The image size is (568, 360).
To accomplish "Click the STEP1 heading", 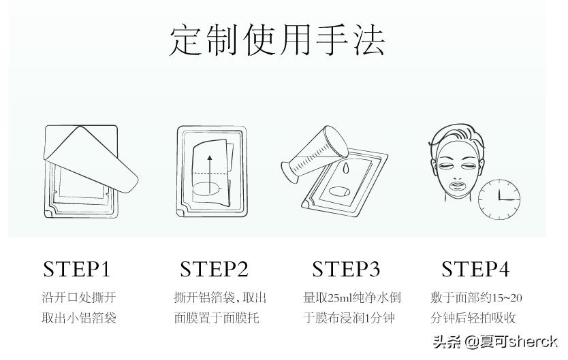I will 76,269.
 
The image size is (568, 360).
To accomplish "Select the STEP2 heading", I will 214,269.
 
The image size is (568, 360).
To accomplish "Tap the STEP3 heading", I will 346,269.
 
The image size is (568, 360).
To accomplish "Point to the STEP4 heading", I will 475,269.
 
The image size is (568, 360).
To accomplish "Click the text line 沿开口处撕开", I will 78,297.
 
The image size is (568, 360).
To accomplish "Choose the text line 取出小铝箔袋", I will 78,318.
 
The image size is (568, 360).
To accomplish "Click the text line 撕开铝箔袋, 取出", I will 219,297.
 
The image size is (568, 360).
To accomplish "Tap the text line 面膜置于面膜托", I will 216,318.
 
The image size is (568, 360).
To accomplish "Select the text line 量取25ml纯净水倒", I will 351,297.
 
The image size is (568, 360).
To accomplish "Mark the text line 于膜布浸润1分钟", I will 349,318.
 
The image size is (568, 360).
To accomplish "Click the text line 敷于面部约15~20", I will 476,297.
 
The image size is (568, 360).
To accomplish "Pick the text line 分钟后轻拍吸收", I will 473,318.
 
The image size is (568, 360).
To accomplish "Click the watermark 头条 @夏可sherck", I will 495,342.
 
